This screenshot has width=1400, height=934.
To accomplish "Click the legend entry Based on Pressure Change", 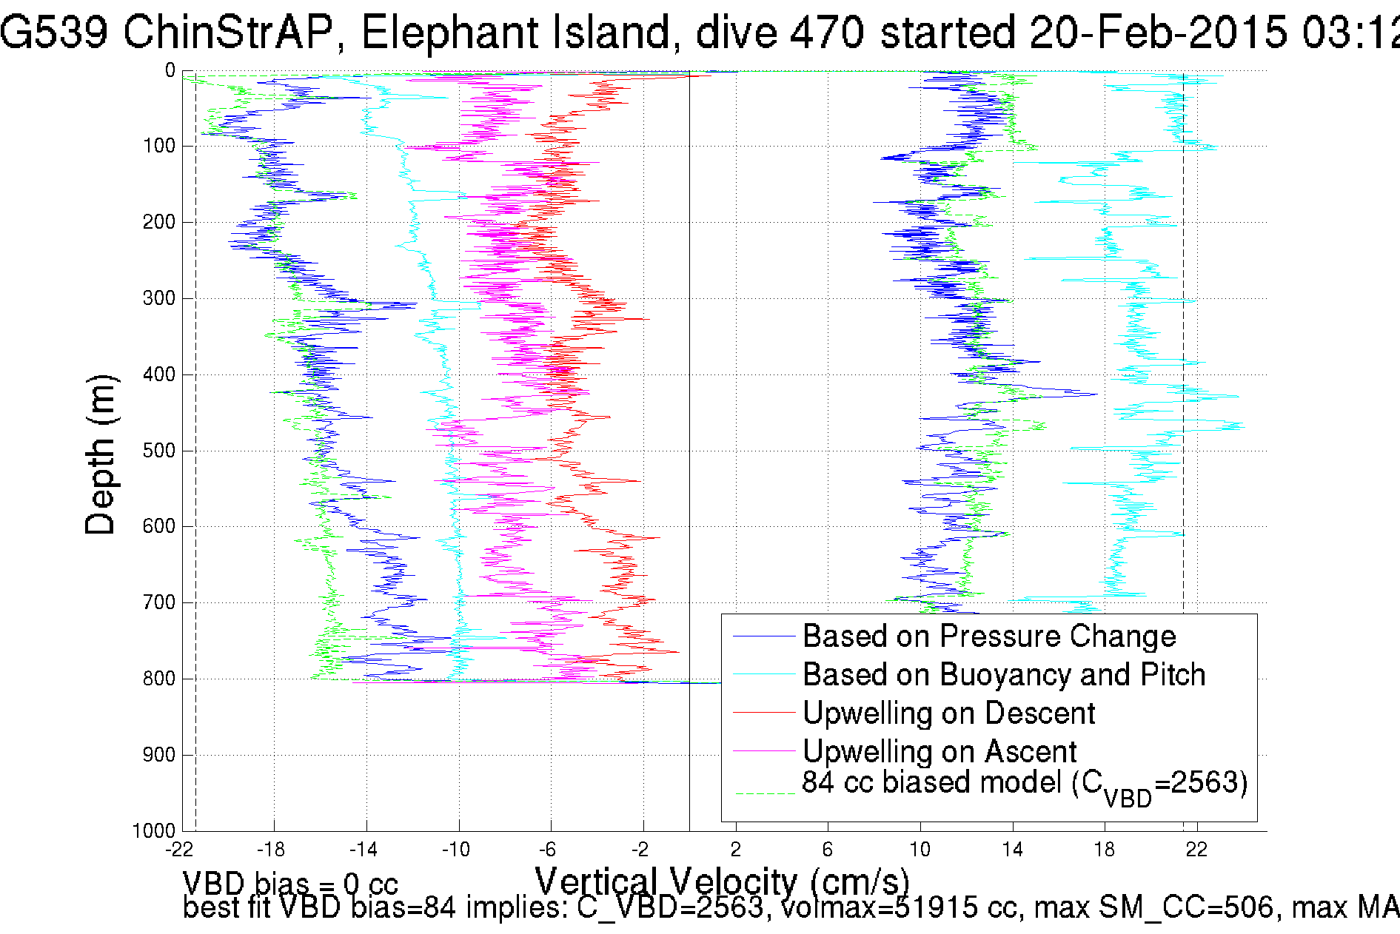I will click(x=988, y=636).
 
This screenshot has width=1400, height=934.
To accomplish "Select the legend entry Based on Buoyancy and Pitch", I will click(x=1003, y=675).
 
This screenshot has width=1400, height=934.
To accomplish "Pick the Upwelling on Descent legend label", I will click(x=948, y=713).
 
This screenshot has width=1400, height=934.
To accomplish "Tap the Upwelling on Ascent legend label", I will click(x=939, y=752).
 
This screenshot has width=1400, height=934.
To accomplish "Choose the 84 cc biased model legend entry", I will click(x=1024, y=784).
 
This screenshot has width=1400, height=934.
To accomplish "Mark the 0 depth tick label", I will click(x=170, y=71).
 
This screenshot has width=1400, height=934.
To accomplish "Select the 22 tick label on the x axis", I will click(x=1196, y=850).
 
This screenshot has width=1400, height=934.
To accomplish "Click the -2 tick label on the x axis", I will click(x=640, y=850).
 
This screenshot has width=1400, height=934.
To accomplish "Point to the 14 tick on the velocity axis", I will click(x=1012, y=850).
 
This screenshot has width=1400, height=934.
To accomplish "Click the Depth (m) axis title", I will click(x=101, y=454).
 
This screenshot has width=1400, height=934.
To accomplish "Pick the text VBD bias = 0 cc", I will click(x=290, y=884).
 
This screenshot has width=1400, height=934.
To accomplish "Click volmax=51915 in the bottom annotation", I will click(x=885, y=907).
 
